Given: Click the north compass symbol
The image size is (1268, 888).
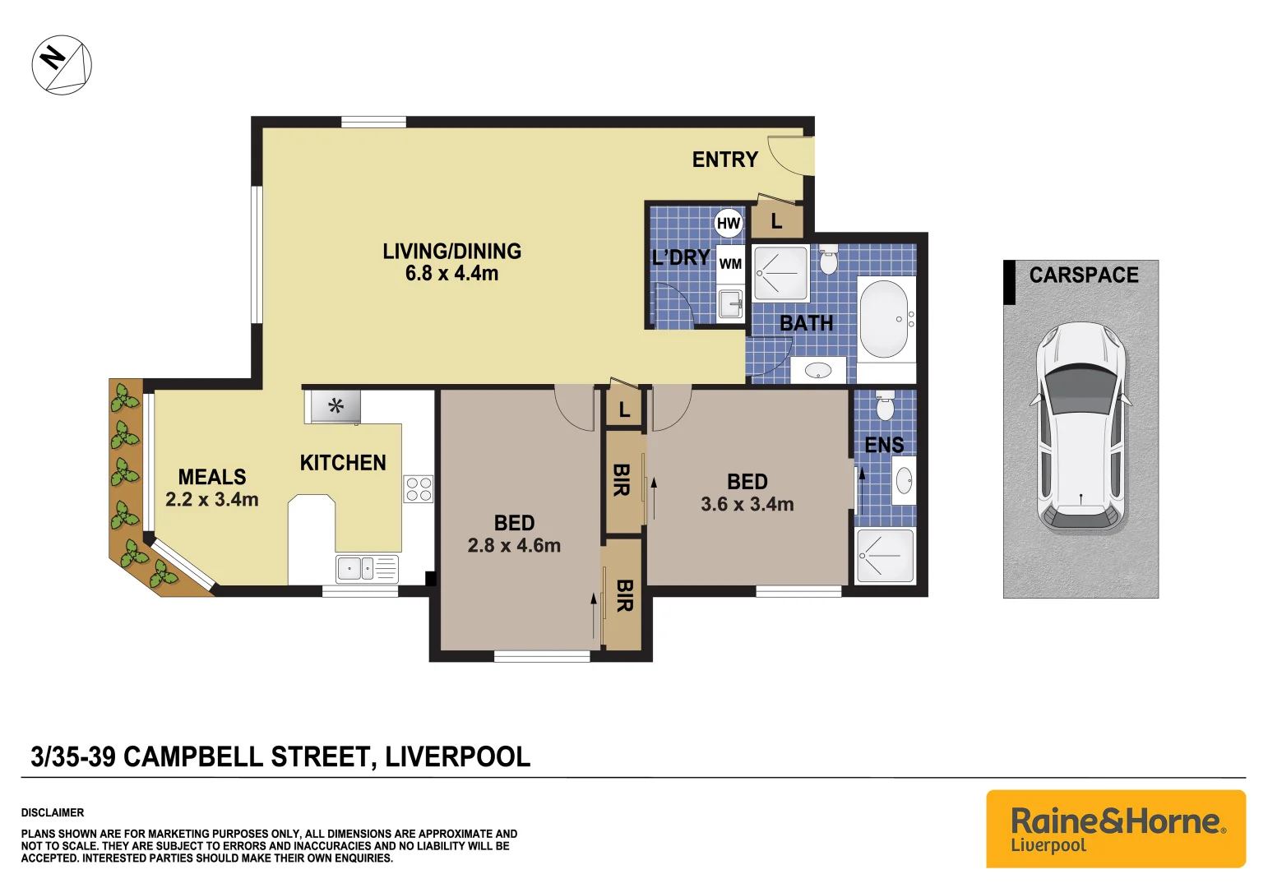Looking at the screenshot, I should pyautogui.click(x=62, y=65).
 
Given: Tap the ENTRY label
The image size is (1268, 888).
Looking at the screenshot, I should pyautogui.click(x=724, y=160).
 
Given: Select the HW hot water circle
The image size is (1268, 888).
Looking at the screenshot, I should pyautogui.click(x=729, y=223).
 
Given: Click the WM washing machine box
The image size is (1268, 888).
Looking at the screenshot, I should pyautogui.click(x=730, y=264).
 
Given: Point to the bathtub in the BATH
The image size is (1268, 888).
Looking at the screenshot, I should pyautogui.click(x=884, y=319).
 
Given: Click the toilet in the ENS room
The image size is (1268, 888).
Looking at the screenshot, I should pyautogui.click(x=885, y=405).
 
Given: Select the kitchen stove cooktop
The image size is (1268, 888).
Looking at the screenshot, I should pyautogui.click(x=419, y=489).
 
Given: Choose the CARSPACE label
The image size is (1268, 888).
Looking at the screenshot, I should pyautogui.click(x=1084, y=275).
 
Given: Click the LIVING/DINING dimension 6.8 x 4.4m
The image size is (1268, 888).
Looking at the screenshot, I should pyautogui.click(x=451, y=274).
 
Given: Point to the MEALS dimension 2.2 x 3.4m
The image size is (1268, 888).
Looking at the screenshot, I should pyautogui.click(x=212, y=500).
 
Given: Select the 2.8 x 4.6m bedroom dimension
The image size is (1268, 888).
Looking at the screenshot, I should pyautogui.click(x=514, y=546).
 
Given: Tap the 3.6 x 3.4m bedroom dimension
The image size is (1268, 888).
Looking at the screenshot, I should pyautogui.click(x=747, y=505).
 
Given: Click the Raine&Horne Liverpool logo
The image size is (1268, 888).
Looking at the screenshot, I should pyautogui.click(x=1116, y=829).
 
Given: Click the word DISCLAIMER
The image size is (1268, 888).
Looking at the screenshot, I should pyautogui.click(x=53, y=812).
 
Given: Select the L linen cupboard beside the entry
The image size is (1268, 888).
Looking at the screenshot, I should pyautogui.click(x=776, y=221).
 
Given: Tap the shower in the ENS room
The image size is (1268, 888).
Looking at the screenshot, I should pyautogui.click(x=886, y=557).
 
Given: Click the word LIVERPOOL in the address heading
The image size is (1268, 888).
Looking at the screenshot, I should pyautogui.click(x=458, y=756).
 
